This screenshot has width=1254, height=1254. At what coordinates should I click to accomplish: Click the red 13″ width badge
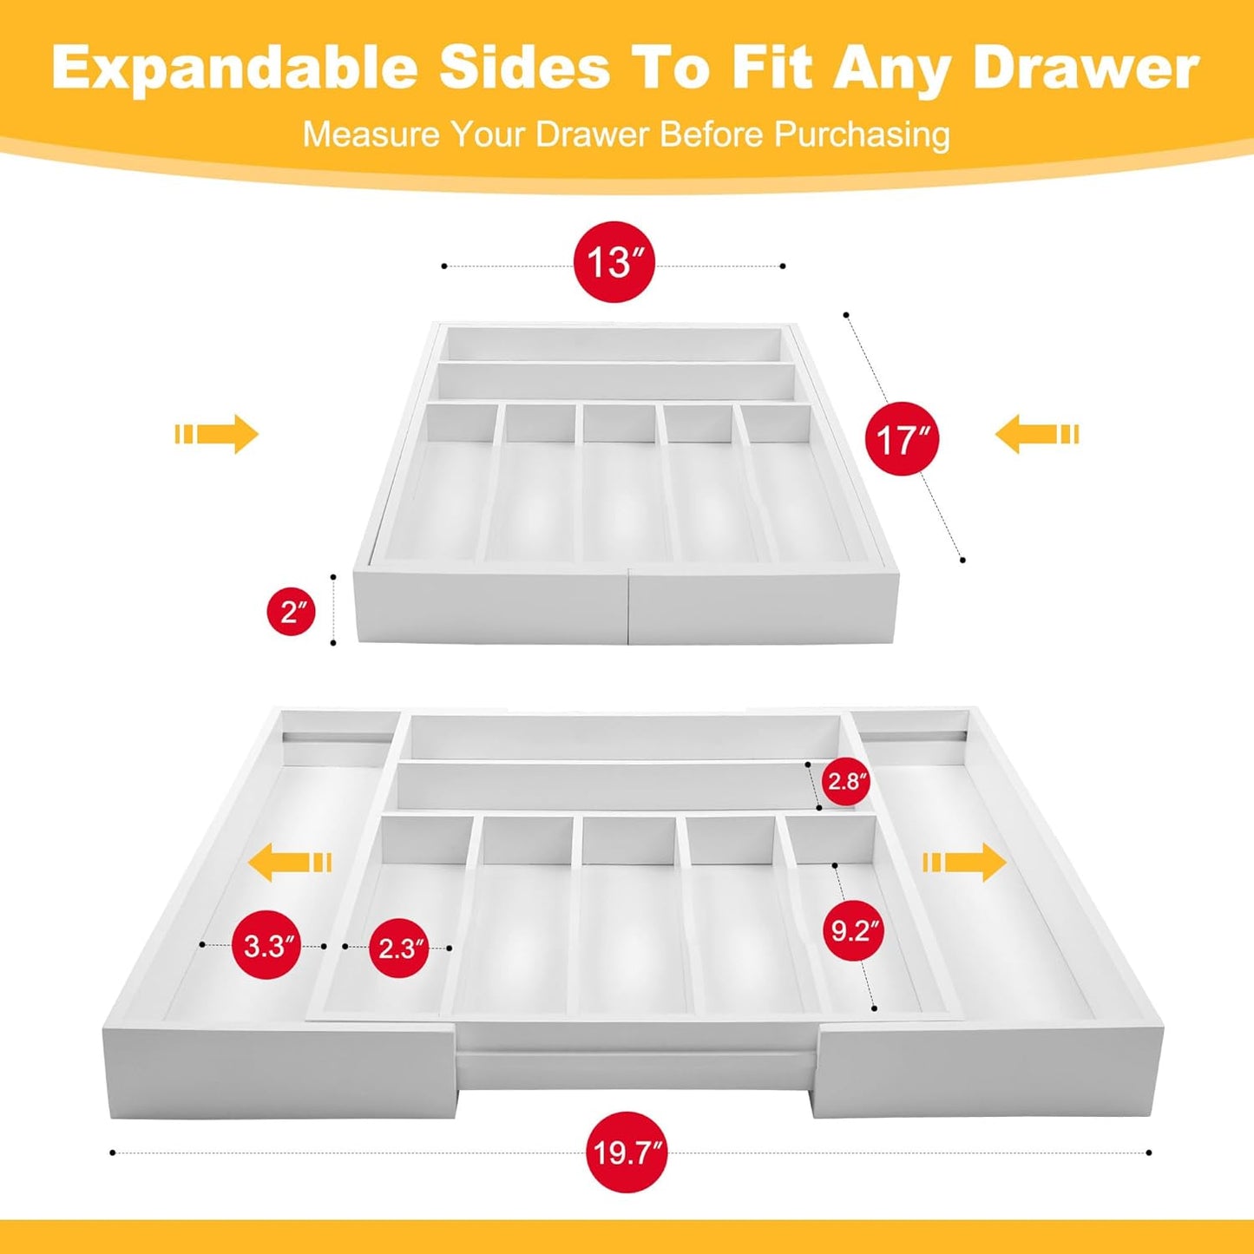coord(614,262)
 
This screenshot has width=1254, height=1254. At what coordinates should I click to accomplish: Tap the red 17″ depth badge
coord(902,439)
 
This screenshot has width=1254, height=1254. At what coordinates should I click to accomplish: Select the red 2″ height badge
coord(291,612)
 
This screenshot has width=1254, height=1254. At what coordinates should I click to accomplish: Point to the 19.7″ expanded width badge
coord(627,1152)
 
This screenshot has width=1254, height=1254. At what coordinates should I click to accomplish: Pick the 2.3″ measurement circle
coord(398,948)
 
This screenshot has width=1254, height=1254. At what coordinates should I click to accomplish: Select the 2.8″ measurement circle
coord(846,782)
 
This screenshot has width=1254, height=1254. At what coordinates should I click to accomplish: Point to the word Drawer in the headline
coord(1086,68)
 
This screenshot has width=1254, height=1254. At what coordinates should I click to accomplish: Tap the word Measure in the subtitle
coord(371,135)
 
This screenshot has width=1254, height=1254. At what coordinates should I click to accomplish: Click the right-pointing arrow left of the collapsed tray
coord(218,434)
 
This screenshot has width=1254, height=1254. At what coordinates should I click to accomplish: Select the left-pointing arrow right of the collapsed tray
coord(1036,434)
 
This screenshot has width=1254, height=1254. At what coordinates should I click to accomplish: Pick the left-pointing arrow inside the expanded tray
coord(290,863)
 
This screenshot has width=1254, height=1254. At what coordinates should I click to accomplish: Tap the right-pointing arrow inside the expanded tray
coord(964,863)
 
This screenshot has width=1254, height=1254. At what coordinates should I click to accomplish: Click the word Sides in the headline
coord(525,68)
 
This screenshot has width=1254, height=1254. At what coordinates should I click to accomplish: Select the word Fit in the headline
coord(777,68)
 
